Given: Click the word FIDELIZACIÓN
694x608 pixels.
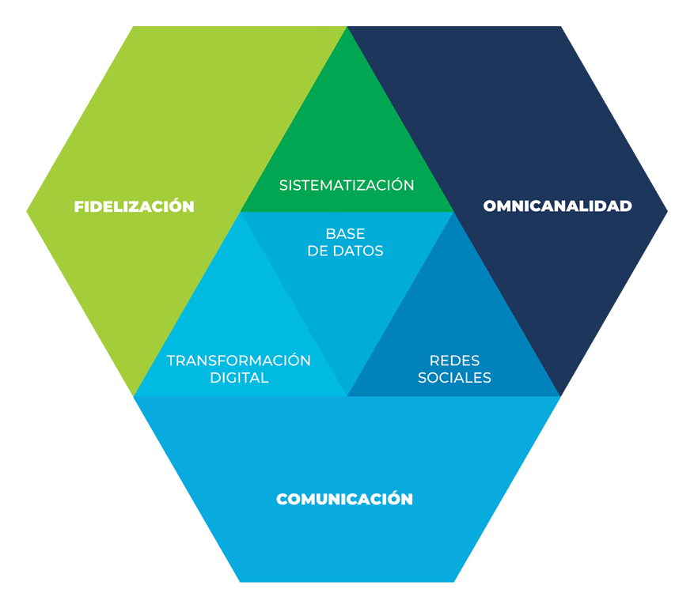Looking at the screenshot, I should (134, 206).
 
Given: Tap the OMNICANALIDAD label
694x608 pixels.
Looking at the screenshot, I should (557, 206).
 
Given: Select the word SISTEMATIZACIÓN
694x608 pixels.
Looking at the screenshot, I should (347, 185).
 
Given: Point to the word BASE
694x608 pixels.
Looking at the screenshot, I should (346, 234).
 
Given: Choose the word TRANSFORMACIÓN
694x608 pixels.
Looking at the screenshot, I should (238, 361).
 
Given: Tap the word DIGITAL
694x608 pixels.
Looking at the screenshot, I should (239, 378).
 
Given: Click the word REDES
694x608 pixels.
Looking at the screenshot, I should (454, 361).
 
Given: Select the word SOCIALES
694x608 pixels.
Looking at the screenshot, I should (454, 378).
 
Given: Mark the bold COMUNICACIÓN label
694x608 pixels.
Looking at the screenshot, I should (344, 500).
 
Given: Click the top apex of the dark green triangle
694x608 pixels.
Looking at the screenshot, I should (347, 28).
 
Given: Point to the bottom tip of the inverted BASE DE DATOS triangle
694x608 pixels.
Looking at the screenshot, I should (347, 395).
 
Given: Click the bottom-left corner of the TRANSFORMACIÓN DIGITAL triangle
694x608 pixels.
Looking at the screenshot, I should (135, 395).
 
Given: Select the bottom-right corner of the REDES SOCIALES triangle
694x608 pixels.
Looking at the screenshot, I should (559, 395).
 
